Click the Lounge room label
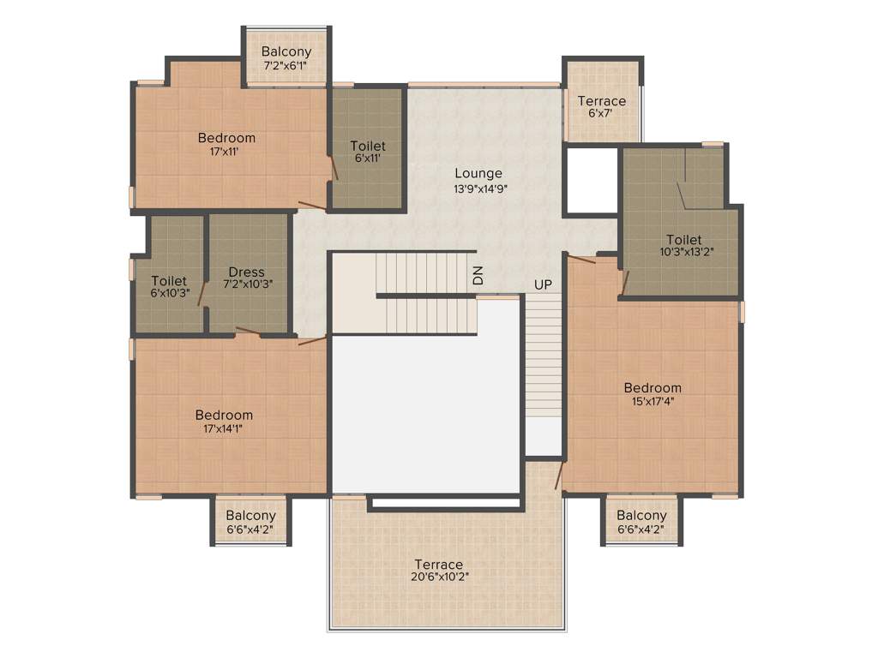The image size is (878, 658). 478,174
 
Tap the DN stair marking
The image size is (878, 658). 478,275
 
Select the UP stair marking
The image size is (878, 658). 543,284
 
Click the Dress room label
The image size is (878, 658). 246,272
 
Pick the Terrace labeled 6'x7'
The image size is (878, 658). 601,101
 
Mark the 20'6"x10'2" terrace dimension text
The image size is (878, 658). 439,577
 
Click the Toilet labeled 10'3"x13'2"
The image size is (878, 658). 683,240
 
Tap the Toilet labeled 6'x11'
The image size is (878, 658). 368,147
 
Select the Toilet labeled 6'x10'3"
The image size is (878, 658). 169,281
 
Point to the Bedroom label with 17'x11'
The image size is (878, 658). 226,138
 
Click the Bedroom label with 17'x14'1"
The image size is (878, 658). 224,416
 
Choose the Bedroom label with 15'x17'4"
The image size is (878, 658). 652,388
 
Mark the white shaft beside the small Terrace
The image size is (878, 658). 592,180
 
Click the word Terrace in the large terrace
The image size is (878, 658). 439,565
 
